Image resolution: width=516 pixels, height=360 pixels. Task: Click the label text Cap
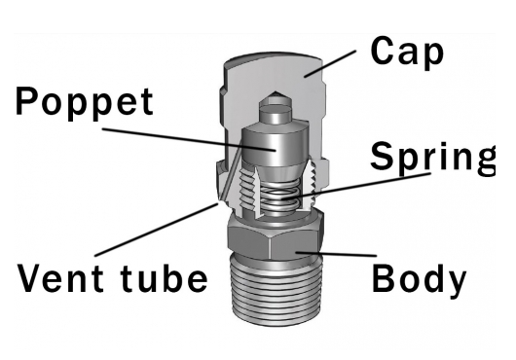(x=407, y=51)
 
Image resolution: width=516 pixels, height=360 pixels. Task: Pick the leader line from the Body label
(x=336, y=256)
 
